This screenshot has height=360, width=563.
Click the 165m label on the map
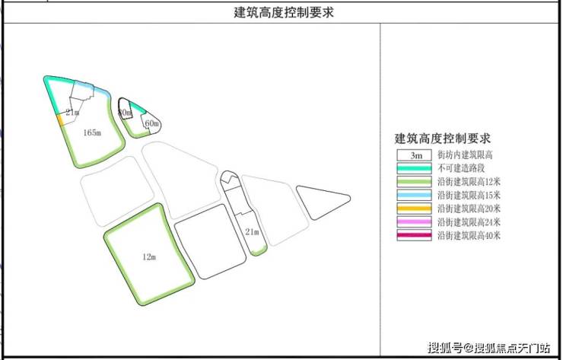tap(91, 132)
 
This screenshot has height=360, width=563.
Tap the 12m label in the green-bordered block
tap(149, 257)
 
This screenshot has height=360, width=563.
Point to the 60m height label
tap(151, 123)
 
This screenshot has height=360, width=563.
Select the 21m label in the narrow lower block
tap(252, 231)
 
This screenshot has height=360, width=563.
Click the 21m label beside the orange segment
tap(72, 113)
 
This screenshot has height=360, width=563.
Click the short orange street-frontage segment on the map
tap(60, 120)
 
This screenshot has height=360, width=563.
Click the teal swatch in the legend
tap(414, 168)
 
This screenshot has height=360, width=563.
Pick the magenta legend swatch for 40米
tap(414, 236)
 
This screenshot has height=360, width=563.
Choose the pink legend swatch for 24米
tap(414, 222)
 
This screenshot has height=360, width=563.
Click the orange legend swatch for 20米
tap(414, 209)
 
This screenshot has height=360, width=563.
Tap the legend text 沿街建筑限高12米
tap(469, 182)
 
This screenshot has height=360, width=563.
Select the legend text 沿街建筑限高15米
tap(469, 195)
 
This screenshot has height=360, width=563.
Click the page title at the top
tap(283, 12)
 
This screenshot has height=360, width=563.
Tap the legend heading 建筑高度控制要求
tap(442, 139)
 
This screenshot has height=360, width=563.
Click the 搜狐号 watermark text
tap(445, 349)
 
